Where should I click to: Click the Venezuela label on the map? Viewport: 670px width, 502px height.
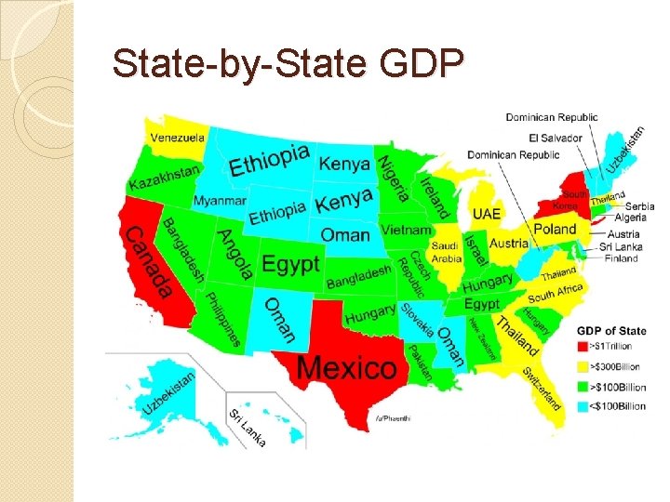coord(178,139)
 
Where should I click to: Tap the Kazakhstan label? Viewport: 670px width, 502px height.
coord(164,177)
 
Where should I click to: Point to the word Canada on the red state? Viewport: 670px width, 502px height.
coord(149,262)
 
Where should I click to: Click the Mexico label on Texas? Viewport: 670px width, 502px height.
coord(346,367)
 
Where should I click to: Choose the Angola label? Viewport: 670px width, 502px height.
coord(234,254)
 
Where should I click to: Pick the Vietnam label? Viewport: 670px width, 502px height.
coord(406,230)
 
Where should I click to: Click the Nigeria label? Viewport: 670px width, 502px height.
coord(393,178)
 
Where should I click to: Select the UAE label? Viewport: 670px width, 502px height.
coord(486,214)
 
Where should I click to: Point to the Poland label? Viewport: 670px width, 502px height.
coord(555,229)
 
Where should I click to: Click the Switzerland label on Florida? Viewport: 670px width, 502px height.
coord(541,388)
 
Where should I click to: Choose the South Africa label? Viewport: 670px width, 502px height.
coord(555,294)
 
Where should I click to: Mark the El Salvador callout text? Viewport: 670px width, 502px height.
coord(556,138)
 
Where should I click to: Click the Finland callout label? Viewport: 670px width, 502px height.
coord(620,258)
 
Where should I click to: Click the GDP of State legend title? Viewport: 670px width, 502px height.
coord(611,330)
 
